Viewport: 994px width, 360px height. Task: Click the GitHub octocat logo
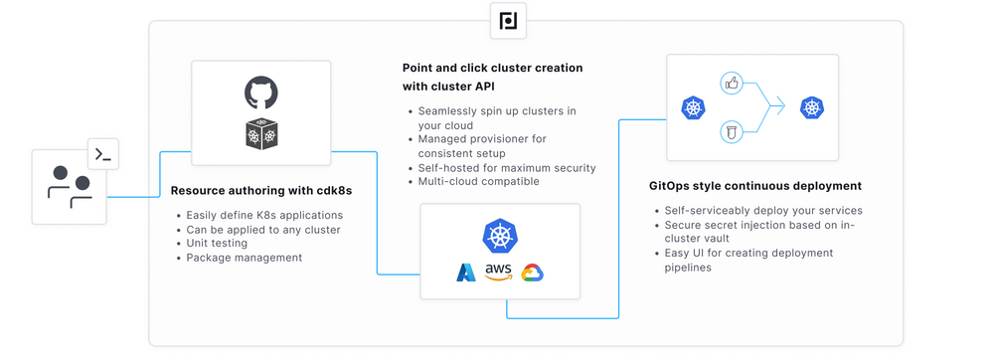(x=260, y=93)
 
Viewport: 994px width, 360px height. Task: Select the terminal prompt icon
(x=103, y=154)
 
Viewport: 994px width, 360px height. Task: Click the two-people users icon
(x=69, y=187)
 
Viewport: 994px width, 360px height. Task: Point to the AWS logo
(x=498, y=271)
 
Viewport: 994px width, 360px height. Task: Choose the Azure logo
(x=466, y=272)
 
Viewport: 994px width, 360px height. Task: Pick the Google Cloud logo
(x=532, y=272)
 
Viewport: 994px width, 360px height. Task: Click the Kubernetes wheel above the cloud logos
(x=499, y=236)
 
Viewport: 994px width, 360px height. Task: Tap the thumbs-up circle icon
(x=733, y=84)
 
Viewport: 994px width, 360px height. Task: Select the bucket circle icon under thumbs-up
(x=733, y=131)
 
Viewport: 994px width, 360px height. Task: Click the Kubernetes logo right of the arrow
(x=812, y=107)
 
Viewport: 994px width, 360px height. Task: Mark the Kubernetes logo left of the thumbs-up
(x=693, y=107)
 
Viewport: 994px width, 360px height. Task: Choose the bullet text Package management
(x=244, y=258)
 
